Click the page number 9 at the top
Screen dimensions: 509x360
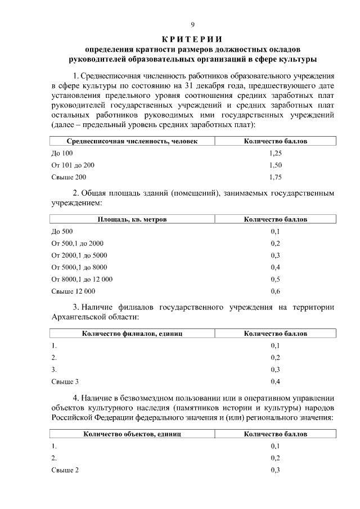[x=192, y=25]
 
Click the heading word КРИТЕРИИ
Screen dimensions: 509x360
[x=192, y=39]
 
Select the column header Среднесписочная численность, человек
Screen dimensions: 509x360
[x=132, y=141]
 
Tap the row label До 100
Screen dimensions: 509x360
[x=62, y=153]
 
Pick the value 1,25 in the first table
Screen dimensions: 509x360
[x=275, y=153]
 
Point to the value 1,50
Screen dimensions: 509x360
[x=275, y=165]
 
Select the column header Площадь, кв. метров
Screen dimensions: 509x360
[x=132, y=219]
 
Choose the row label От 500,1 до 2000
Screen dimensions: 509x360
[x=78, y=244]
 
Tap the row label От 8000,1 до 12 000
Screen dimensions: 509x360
[x=82, y=279]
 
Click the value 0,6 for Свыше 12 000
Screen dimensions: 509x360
[x=275, y=291]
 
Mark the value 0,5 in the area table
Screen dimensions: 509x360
[x=275, y=279]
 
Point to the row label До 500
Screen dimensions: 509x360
[x=62, y=231]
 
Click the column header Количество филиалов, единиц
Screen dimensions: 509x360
[x=132, y=334]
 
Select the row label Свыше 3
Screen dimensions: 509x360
[x=65, y=382]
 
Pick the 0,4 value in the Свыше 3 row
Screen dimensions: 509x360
[x=275, y=382]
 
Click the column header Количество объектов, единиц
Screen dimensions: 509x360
[x=132, y=434]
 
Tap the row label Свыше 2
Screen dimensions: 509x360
[x=65, y=470]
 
